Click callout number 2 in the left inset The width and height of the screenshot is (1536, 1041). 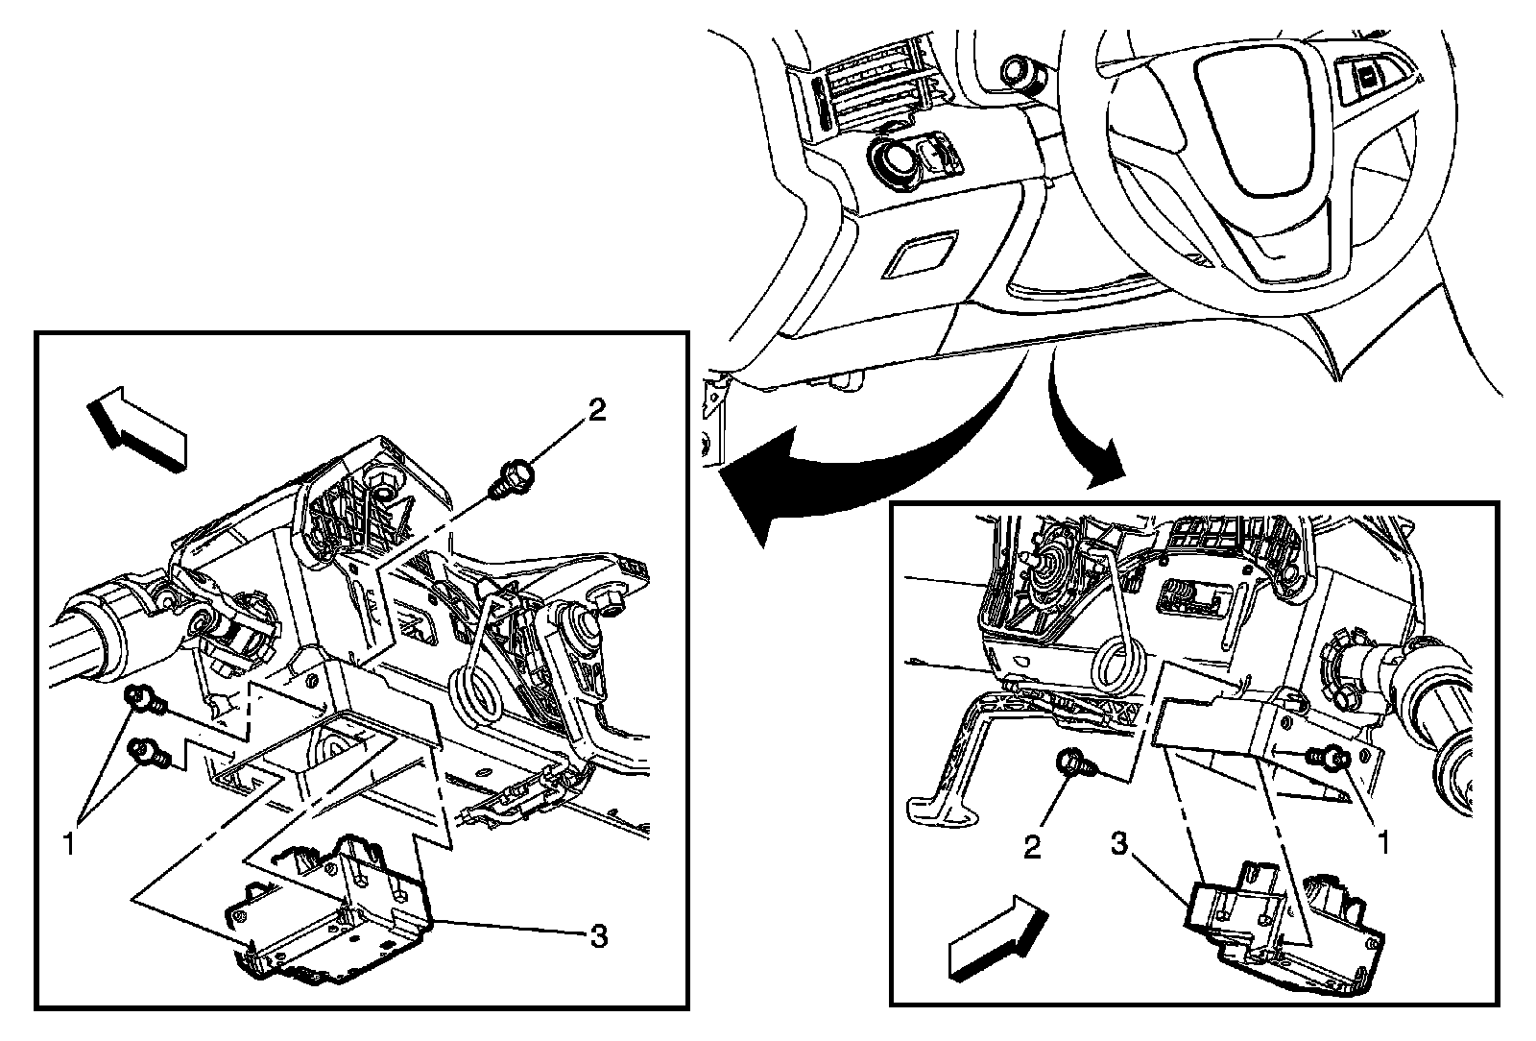tap(596, 411)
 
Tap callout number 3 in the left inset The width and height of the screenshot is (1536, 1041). tap(598, 935)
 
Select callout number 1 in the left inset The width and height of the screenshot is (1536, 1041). tap(68, 844)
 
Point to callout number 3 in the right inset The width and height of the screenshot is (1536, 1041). tap(1119, 844)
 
